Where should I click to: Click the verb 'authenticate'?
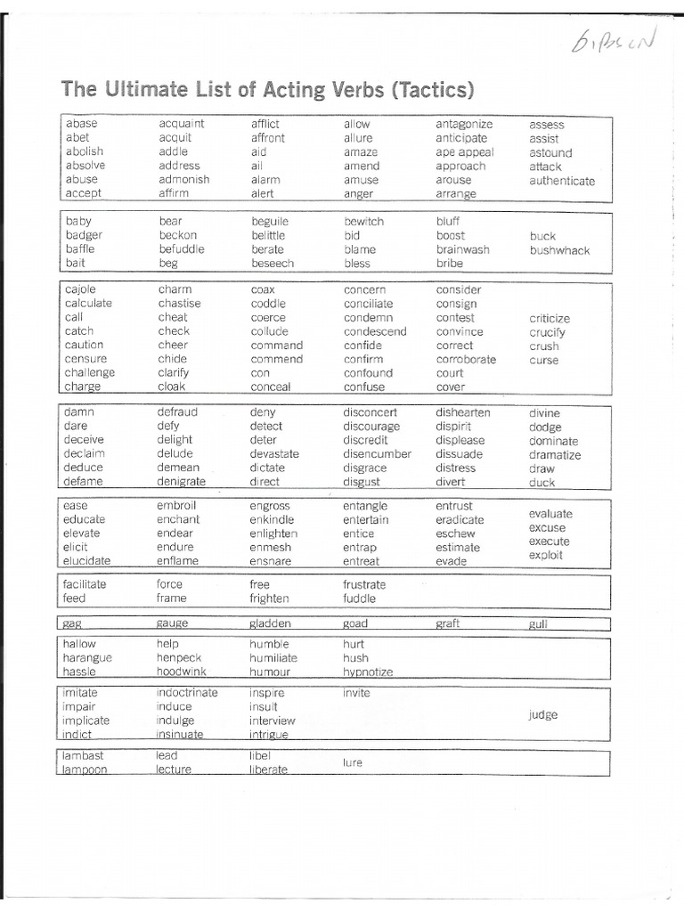(562, 181)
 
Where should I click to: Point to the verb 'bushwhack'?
(559, 250)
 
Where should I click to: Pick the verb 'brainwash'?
(462, 249)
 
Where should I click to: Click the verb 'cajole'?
(80, 289)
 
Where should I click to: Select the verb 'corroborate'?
(466, 359)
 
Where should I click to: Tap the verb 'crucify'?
(547, 332)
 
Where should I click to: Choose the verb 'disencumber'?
(378, 453)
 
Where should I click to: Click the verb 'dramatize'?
(554, 455)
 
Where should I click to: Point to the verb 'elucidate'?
(87, 561)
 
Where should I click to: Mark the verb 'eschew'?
(456, 533)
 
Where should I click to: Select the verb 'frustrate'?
(365, 584)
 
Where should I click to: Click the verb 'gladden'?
(271, 623)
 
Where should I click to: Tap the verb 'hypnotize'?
(368, 672)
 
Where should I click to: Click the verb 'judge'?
(542, 714)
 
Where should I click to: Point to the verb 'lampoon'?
(85, 769)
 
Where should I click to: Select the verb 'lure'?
(353, 762)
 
